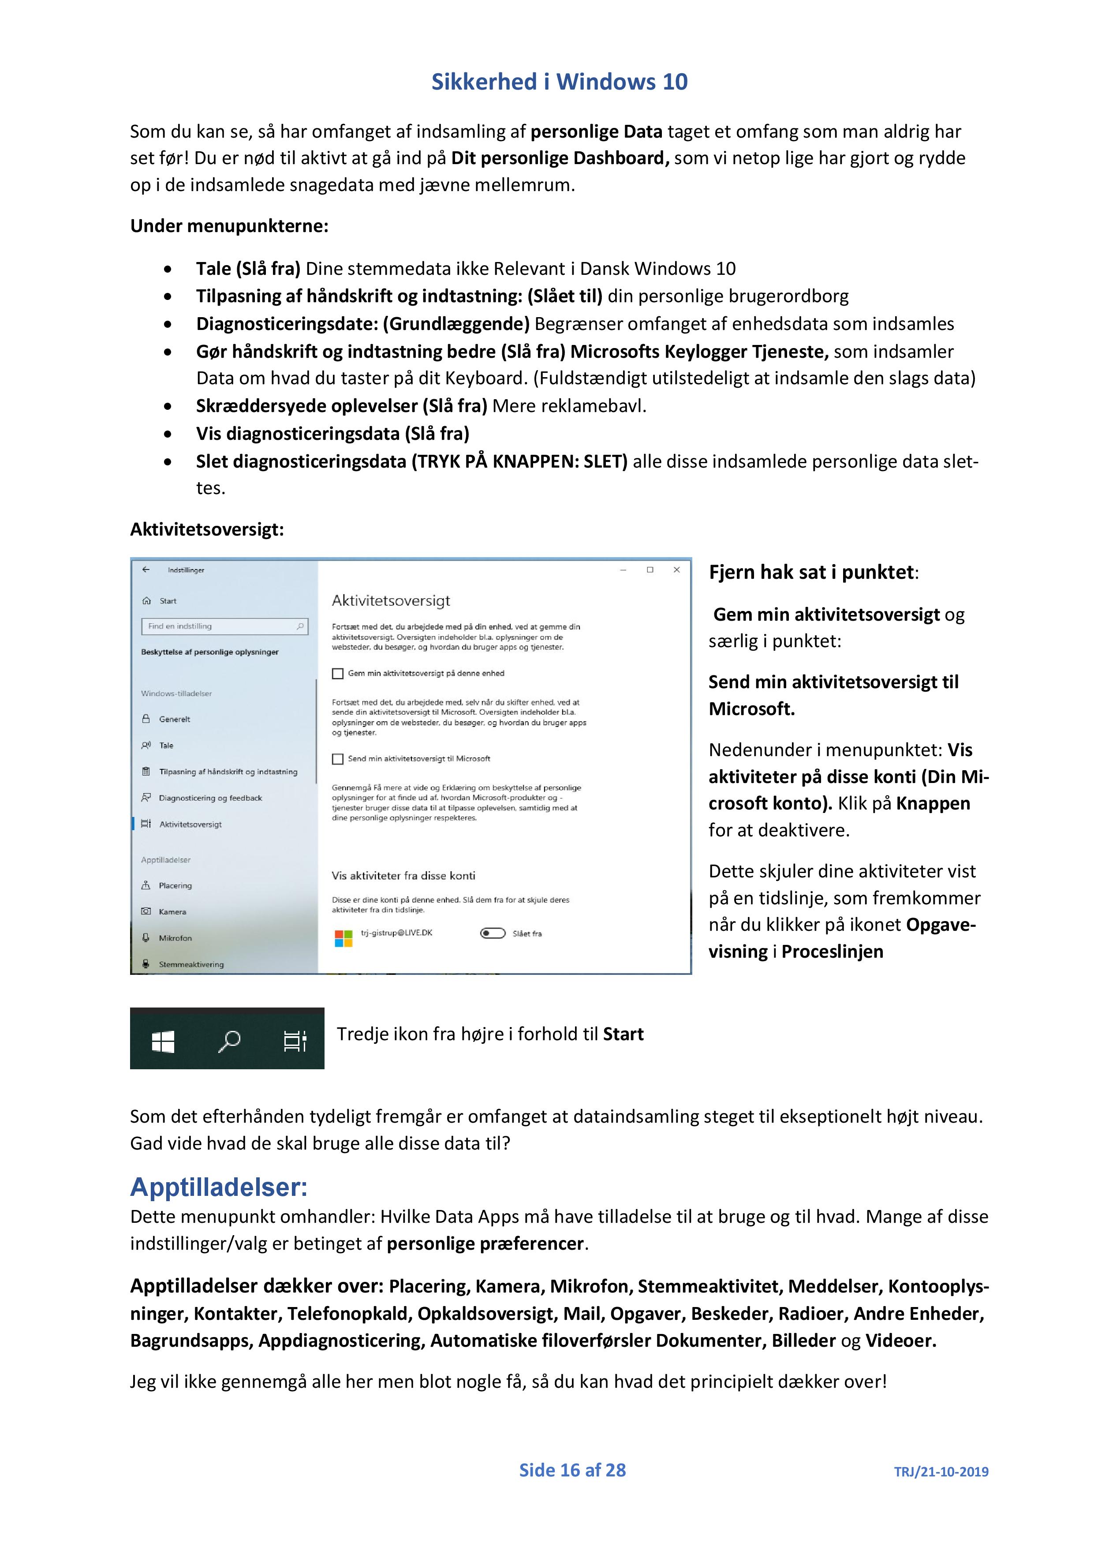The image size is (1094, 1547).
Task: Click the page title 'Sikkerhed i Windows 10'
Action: (x=559, y=82)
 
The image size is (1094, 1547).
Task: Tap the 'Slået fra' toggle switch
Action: (x=493, y=933)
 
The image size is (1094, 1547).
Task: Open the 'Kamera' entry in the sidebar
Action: (x=172, y=912)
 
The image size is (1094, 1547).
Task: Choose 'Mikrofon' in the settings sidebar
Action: (x=175, y=938)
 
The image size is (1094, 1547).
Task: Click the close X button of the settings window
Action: (x=676, y=570)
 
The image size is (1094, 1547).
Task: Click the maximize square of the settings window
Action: (x=650, y=570)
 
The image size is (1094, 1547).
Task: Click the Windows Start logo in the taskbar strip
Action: (x=163, y=1041)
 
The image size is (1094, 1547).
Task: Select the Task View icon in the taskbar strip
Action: (x=295, y=1041)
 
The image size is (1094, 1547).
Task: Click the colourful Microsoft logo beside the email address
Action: (x=344, y=938)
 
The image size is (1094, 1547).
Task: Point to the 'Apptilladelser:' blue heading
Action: (x=219, y=1187)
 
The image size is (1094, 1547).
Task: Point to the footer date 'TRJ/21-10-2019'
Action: (x=941, y=1472)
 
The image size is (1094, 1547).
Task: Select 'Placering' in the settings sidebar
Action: (x=175, y=885)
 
